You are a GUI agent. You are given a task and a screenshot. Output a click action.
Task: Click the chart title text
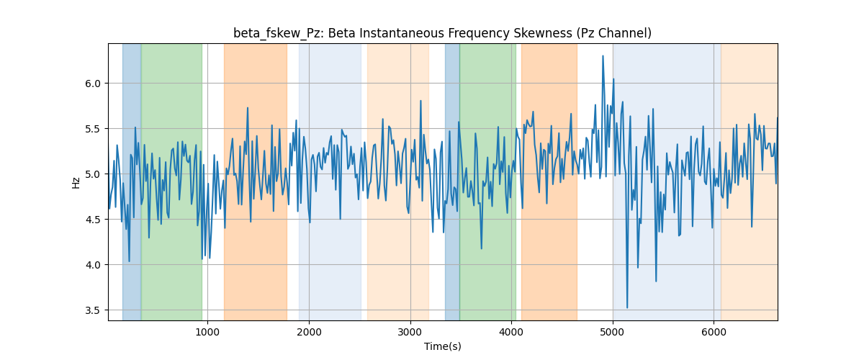tap(442, 33)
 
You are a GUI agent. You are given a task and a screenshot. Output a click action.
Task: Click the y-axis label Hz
tap(76, 182)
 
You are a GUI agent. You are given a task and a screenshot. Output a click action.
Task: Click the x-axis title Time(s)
tap(442, 346)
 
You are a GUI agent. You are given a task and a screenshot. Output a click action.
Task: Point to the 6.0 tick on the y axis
tap(93, 84)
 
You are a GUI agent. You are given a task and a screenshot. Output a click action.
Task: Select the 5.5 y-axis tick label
tap(93, 129)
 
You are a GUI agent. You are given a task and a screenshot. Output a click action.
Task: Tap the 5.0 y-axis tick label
tap(93, 174)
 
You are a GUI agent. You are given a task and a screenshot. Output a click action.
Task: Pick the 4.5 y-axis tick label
tap(93, 220)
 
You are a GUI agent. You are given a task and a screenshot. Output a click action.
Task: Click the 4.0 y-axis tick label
tap(93, 265)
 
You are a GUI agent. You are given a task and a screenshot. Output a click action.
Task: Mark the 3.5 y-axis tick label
tap(93, 310)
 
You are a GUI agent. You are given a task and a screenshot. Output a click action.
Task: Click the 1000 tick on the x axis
tap(207, 332)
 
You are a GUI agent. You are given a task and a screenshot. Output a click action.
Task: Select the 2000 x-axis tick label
tap(309, 332)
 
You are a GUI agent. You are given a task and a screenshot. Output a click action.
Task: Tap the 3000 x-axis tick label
tap(410, 332)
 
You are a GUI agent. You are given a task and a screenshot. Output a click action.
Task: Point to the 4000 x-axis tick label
tap(511, 332)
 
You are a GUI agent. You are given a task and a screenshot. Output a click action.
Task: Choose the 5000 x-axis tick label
tap(613, 332)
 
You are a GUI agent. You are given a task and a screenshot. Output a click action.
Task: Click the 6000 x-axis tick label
tap(714, 332)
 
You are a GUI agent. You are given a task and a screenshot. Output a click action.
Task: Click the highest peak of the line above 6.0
tap(603, 56)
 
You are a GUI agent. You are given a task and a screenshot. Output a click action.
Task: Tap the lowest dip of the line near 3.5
tap(627, 307)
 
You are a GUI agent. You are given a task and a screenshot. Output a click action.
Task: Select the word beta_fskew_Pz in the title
tap(276, 34)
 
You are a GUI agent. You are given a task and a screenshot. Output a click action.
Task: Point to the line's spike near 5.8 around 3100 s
tap(420, 101)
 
